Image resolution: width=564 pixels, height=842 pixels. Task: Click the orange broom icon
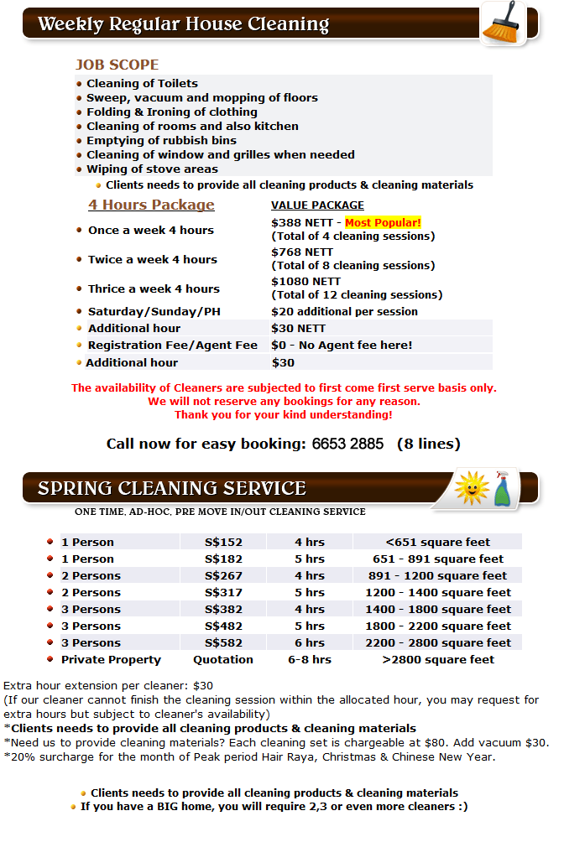[502, 23]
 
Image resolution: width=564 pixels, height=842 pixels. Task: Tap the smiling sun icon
[471, 488]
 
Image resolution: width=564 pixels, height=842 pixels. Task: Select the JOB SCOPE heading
[117, 65]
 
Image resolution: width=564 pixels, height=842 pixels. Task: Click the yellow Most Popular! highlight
[383, 222]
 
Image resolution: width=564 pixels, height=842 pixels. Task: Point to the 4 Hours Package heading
[151, 205]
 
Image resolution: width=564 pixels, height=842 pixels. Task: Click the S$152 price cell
[223, 542]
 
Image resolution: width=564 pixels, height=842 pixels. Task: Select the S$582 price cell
[223, 642]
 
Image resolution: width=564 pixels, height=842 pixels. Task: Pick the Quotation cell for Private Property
[223, 659]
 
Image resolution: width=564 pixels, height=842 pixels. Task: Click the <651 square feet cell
[438, 542]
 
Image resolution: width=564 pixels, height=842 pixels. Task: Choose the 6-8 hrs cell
[310, 659]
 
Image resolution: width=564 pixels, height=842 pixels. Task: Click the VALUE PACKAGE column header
[317, 205]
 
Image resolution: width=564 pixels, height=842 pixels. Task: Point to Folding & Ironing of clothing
[172, 112]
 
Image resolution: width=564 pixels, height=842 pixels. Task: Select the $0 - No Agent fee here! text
[342, 345]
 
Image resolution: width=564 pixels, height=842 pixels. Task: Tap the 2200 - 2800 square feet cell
[438, 642]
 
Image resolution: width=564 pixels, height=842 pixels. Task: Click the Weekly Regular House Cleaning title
[183, 23]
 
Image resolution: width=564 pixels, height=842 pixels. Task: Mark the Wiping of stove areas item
[152, 169]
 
